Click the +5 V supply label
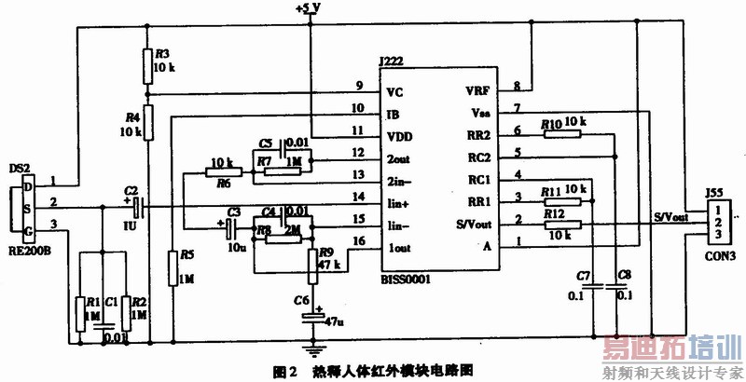(306, 7)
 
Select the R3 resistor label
(161, 53)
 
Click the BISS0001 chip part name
(410, 278)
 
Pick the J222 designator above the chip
(393, 62)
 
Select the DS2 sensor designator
(19, 169)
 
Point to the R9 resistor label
(326, 251)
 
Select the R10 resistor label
(550, 123)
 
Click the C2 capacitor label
(130, 188)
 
